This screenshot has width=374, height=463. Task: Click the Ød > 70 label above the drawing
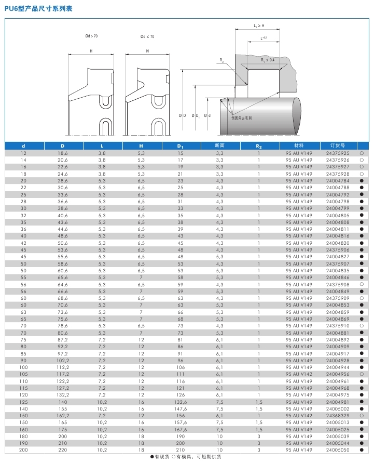[91, 36]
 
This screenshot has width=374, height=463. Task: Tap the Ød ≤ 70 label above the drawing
[147, 36]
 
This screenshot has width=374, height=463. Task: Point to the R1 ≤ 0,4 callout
[267, 60]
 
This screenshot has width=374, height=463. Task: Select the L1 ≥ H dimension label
[259, 25]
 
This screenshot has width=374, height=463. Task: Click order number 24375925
[338, 153]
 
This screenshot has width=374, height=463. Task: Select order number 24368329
[338, 416]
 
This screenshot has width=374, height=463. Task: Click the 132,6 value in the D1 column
[181, 402]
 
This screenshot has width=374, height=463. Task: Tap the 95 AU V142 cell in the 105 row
[299, 374]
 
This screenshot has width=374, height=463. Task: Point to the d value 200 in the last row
[23, 450]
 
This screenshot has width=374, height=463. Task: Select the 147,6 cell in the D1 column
[181, 409]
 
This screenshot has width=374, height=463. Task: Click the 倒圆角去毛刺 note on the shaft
[241, 118]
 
